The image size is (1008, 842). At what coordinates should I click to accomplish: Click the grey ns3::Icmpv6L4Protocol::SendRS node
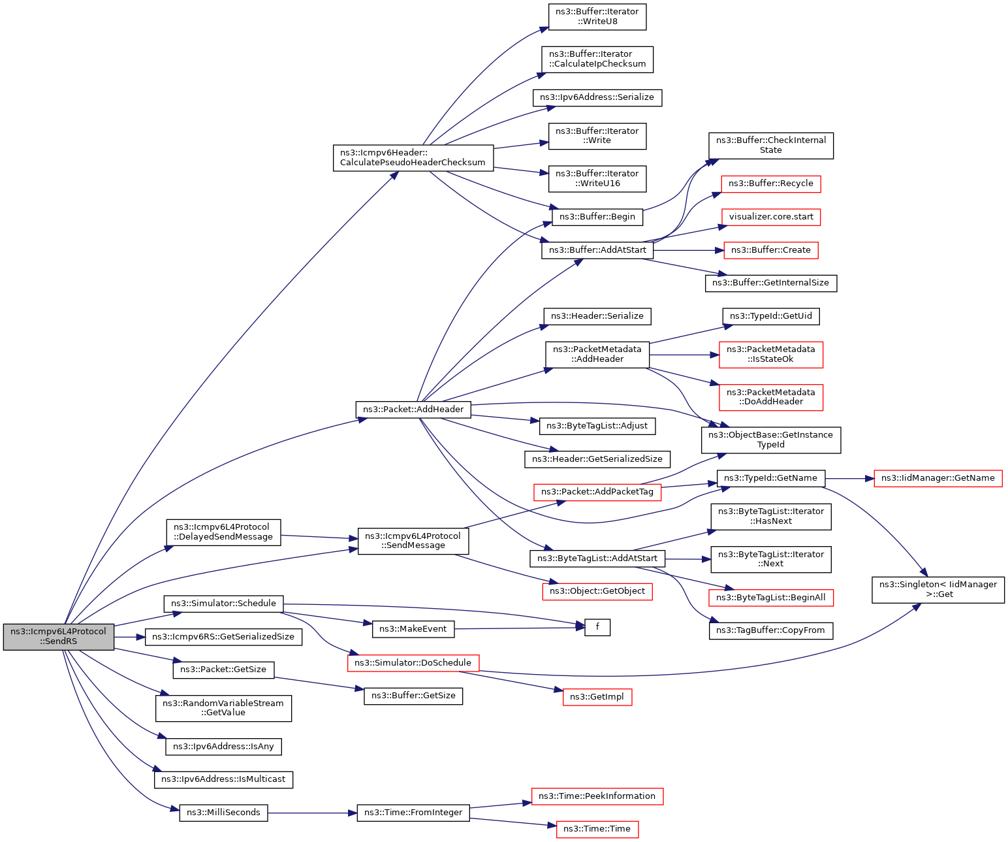pos(58,636)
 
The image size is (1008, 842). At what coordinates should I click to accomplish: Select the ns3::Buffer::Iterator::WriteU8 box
pos(597,16)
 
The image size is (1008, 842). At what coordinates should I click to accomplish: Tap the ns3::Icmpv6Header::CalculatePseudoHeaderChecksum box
pos(413,157)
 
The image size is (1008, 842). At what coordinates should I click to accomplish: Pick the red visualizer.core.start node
pos(770,217)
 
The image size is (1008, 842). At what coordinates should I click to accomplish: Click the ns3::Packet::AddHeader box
pos(413,410)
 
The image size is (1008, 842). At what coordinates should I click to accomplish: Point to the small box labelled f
pos(597,627)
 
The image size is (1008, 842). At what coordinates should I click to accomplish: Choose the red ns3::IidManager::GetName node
pos(937,478)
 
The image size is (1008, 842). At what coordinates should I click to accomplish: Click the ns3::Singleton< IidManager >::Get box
pos(937,590)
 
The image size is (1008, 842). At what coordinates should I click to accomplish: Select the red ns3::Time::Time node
pos(597,829)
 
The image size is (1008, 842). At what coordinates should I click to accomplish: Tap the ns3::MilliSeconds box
pos(223,813)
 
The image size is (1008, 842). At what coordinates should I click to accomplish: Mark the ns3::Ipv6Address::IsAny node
pos(223,747)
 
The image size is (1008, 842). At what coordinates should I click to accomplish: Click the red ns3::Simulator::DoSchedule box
pos(413,663)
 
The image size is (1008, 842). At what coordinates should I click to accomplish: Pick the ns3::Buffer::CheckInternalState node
pos(770,146)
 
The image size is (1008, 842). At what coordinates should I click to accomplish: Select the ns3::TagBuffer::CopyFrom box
pos(770,630)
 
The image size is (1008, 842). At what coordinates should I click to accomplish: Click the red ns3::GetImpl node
pos(597,696)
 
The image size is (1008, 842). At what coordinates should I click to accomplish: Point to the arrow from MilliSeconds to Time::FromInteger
pos(312,813)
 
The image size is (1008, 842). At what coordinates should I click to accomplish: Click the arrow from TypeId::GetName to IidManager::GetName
pos(849,479)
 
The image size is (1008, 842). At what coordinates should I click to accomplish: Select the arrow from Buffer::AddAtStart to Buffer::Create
pos(688,250)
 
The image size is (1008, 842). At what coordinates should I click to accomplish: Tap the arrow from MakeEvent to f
pos(519,628)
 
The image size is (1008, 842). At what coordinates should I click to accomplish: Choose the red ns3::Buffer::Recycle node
pos(770,184)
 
